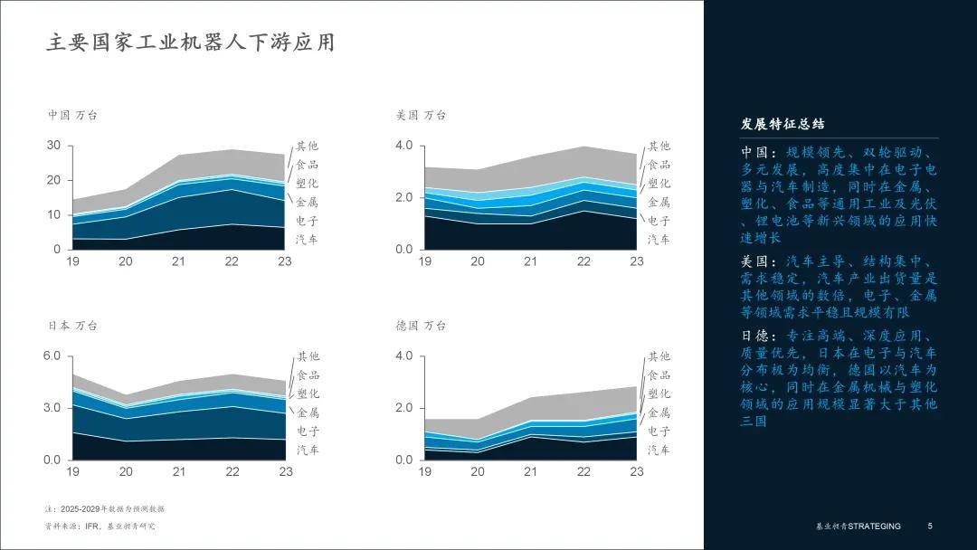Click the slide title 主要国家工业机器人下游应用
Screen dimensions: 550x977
tap(190, 42)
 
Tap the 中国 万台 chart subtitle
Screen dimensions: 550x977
tap(72, 116)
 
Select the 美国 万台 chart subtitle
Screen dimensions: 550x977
tap(421, 116)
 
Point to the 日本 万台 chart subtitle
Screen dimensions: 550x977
tap(72, 326)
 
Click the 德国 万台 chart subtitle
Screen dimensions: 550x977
tap(421, 326)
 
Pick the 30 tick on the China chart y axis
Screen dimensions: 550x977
tap(53, 146)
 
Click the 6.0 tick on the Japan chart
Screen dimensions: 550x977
tap(52, 356)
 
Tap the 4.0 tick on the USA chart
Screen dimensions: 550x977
tap(403, 146)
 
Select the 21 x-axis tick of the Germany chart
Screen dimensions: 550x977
tap(530, 472)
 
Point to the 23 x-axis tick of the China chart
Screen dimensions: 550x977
tap(286, 261)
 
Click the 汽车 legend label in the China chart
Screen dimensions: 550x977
tap(307, 240)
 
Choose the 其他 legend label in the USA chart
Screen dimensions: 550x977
tap(659, 147)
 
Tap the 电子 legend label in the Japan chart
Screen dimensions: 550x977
tap(308, 431)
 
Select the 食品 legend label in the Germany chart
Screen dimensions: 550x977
tap(659, 375)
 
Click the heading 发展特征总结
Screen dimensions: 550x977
tap(783, 124)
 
